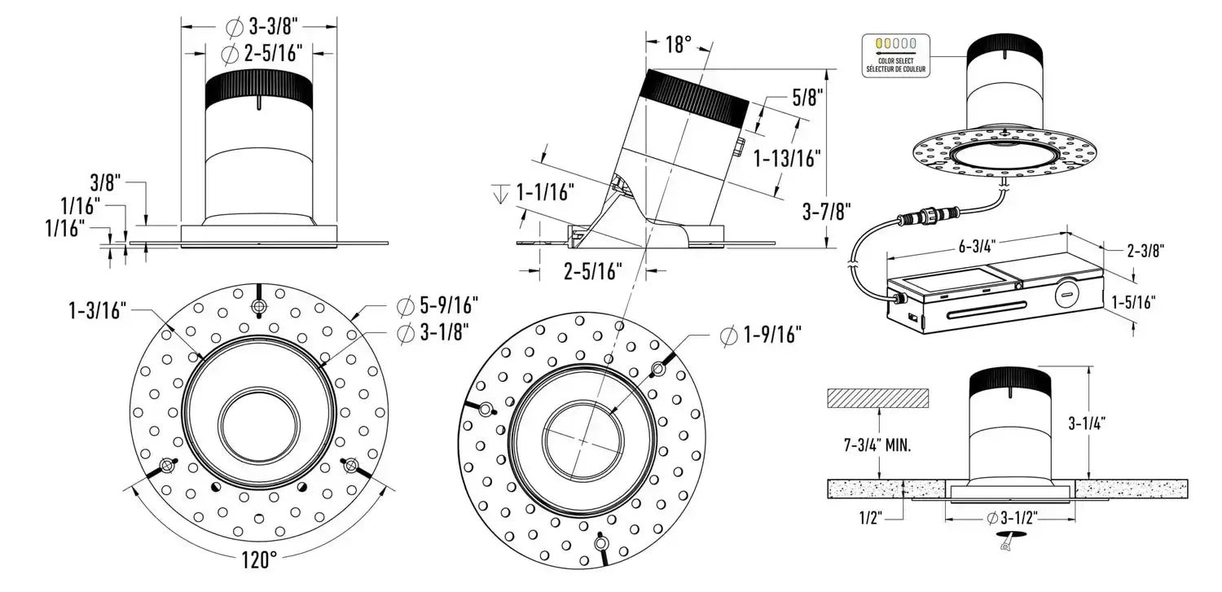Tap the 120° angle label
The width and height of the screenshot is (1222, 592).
(x=260, y=559)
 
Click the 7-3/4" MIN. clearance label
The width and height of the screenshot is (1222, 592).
(x=877, y=445)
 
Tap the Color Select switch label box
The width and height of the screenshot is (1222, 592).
(x=895, y=55)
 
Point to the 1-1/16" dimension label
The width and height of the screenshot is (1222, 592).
(x=545, y=193)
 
